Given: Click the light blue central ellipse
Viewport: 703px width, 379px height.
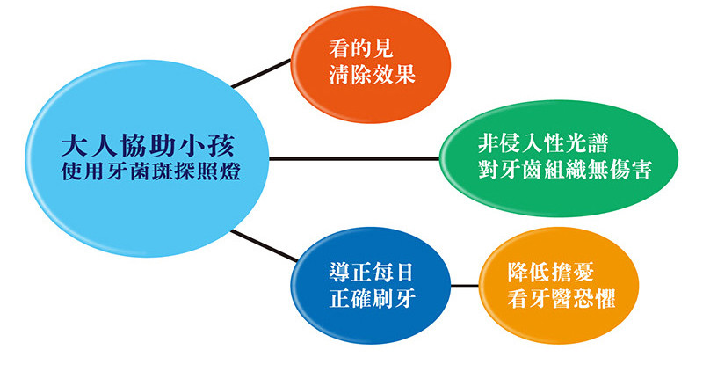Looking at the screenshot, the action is [x=147, y=158].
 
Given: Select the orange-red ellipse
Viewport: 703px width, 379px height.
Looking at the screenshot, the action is [x=370, y=64].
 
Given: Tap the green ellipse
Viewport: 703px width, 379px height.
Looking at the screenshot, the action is [x=559, y=158].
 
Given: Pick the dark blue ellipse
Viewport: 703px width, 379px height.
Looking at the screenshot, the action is [x=370, y=286].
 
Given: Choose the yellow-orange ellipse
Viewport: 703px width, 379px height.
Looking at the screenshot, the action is [x=559, y=286].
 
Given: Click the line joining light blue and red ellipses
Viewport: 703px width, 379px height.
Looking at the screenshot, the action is [x=261, y=73].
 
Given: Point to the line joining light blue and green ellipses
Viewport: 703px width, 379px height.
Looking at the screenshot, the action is [x=354, y=158].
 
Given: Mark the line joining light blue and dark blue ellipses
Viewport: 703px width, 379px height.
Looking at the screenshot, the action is [x=265, y=246].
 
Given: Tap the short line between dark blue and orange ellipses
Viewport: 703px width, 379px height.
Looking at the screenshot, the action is [x=465, y=286].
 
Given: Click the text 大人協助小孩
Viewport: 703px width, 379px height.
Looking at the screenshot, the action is [x=148, y=145].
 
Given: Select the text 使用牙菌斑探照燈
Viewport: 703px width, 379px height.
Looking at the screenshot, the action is [x=150, y=171].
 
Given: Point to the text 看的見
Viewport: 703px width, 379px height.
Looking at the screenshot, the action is [x=361, y=48].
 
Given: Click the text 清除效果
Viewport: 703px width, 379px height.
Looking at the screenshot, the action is [x=372, y=75].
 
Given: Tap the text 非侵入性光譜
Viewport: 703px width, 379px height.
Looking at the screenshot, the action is [x=542, y=143].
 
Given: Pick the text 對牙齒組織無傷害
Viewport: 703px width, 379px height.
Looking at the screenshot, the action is [x=564, y=170].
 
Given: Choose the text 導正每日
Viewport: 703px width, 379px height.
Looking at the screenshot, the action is [x=372, y=273].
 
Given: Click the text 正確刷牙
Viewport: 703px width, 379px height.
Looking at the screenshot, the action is [x=372, y=298].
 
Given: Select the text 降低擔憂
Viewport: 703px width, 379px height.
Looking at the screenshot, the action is [x=551, y=273].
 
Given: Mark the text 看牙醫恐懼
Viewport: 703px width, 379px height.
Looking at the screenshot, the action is [x=562, y=298].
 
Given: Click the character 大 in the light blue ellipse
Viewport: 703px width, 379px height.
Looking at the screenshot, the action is [x=74, y=145].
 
